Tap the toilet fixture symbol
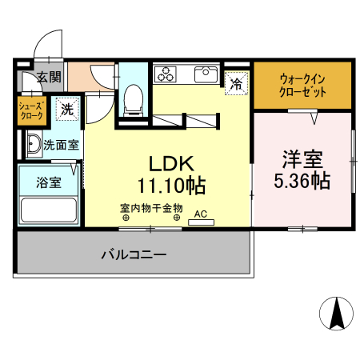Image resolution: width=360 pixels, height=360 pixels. (x=134, y=99)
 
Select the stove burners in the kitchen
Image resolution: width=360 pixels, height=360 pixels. (x=166, y=75)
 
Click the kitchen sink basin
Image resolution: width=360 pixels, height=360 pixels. (x=206, y=74)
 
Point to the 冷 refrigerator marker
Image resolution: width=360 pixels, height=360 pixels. (x=236, y=83)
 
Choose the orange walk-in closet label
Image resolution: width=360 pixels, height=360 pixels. (x=302, y=85)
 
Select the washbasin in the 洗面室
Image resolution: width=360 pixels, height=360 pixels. (x=34, y=146)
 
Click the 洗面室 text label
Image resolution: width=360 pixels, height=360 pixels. (x=60, y=146)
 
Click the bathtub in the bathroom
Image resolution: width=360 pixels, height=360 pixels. (x=48, y=210)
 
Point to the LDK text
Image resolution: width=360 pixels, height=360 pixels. (x=169, y=163)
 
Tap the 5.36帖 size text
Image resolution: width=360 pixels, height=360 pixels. (x=302, y=181)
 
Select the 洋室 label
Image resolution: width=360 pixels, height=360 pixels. (x=302, y=158)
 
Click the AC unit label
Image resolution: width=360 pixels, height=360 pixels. (x=201, y=214)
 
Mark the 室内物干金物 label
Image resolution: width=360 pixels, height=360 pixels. (x=152, y=208)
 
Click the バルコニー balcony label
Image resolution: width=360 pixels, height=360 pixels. (x=133, y=255)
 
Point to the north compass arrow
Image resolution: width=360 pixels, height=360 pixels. (x=337, y=311)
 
